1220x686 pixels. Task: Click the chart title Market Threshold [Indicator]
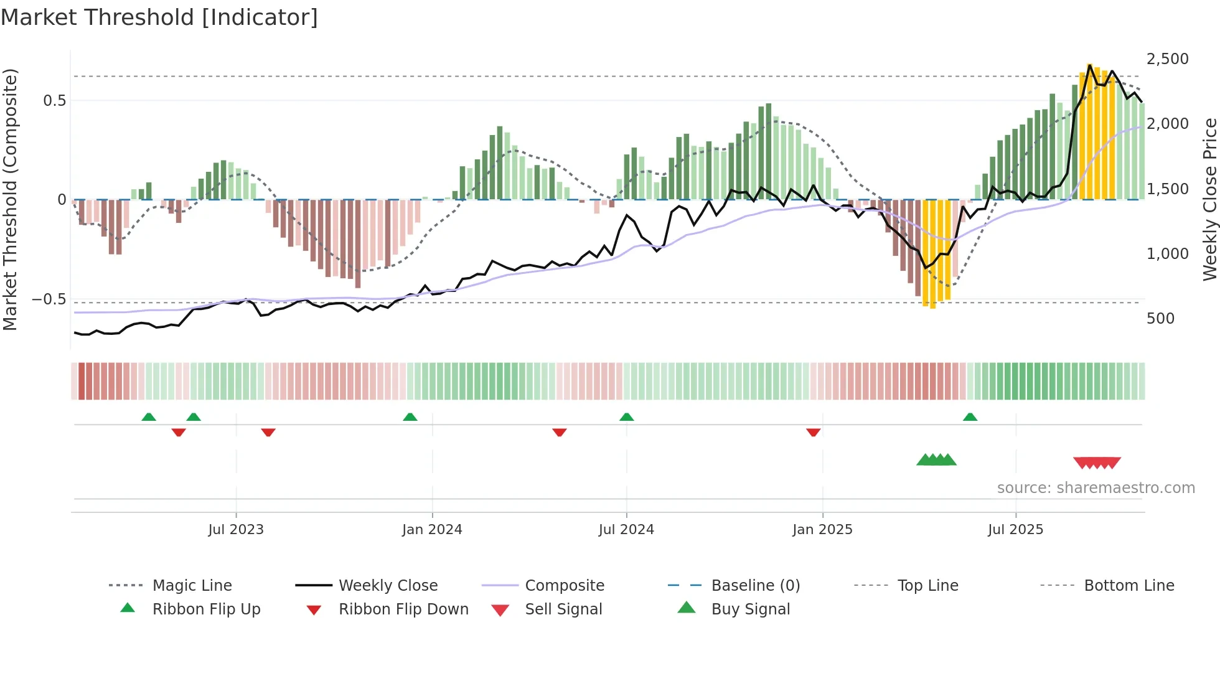pyautogui.click(x=159, y=17)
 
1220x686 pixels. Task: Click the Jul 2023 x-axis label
pyautogui.click(x=236, y=530)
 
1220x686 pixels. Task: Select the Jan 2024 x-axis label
pyautogui.click(x=432, y=530)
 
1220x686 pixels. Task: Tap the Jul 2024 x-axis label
pyautogui.click(x=626, y=530)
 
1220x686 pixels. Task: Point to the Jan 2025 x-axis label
pyautogui.click(x=822, y=530)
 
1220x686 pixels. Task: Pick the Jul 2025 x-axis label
pyautogui.click(x=1015, y=530)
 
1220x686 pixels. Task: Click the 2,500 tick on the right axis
pyautogui.click(x=1167, y=59)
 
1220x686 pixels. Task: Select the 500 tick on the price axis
pyautogui.click(x=1160, y=319)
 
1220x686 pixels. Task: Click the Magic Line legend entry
pyautogui.click(x=192, y=586)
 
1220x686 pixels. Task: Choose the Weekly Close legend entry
pyautogui.click(x=388, y=586)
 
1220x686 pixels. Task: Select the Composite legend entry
pyautogui.click(x=564, y=586)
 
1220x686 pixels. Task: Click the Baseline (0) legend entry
pyautogui.click(x=755, y=586)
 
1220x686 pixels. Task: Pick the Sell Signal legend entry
pyautogui.click(x=563, y=609)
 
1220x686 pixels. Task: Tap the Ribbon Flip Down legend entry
pyautogui.click(x=403, y=609)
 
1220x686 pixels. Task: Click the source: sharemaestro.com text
pyautogui.click(x=1096, y=488)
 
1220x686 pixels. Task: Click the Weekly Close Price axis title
pyautogui.click(x=1209, y=199)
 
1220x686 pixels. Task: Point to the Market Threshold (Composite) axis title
pyautogui.click(x=10, y=199)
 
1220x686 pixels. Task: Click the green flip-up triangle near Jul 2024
pyautogui.click(x=627, y=417)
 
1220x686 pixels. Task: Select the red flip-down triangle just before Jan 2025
pyautogui.click(x=813, y=432)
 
